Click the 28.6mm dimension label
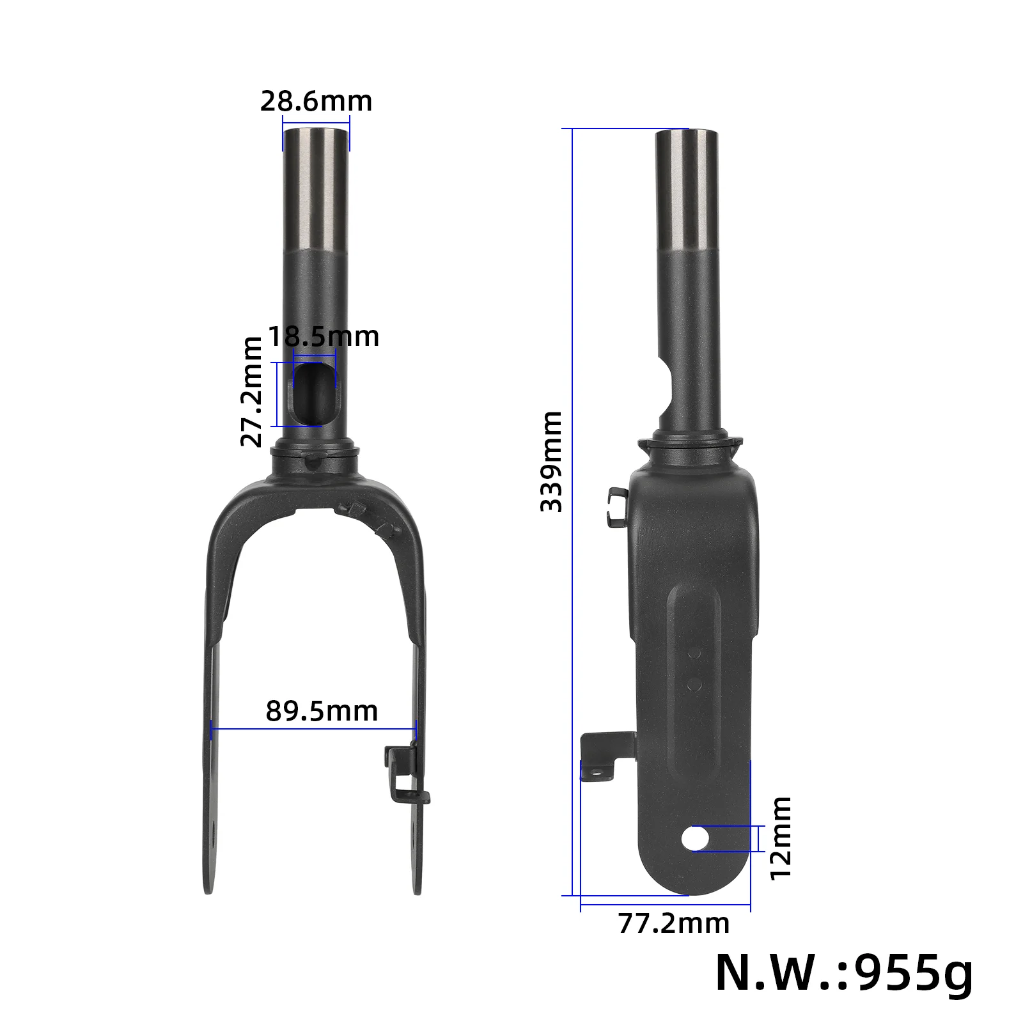pos(316,102)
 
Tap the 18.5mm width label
pos(324,336)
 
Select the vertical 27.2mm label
pos(252,391)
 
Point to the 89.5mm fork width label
pos(322,711)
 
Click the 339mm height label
pos(551,461)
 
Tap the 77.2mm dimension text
pos(673,923)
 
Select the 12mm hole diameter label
pos(781,838)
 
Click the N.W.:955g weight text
pos(843,973)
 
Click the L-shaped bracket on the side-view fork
pos(601,758)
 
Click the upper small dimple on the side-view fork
pos(695,653)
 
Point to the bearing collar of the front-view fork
pos(315,455)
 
